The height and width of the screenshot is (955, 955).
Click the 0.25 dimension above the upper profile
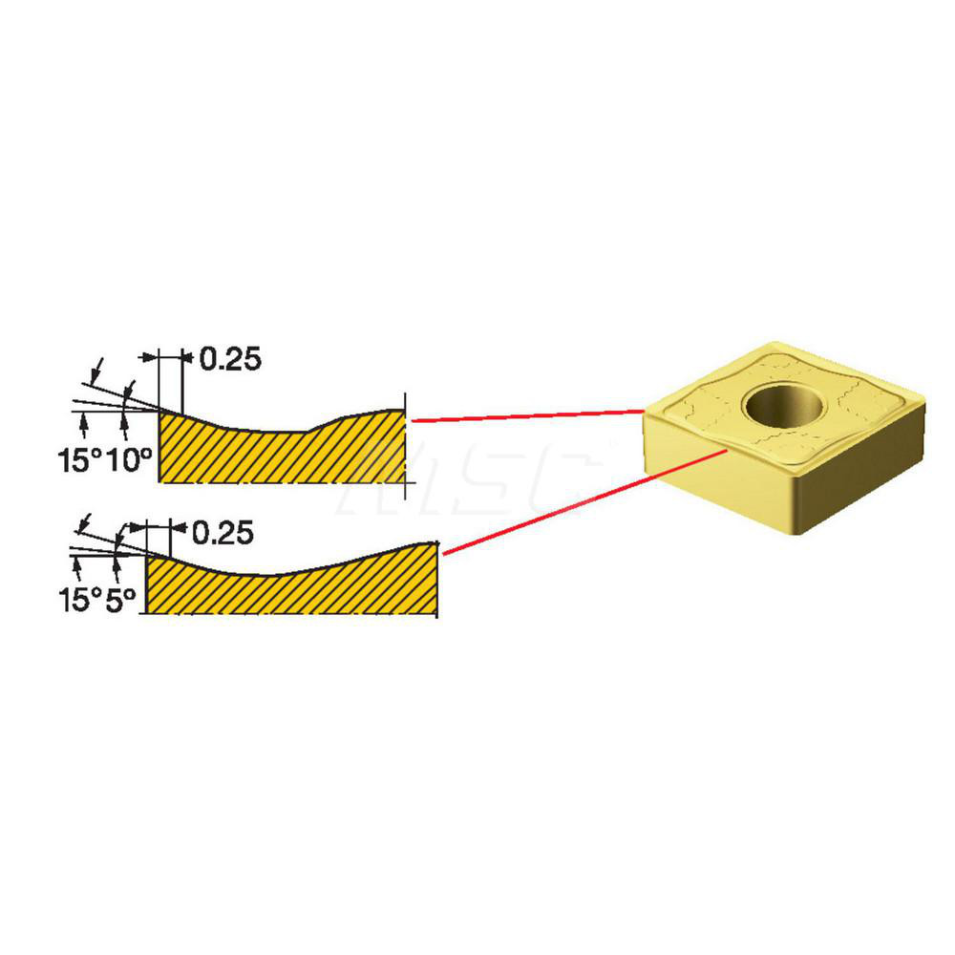click(231, 359)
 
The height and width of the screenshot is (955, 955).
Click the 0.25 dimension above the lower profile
click(223, 533)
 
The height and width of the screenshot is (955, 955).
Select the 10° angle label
click(129, 459)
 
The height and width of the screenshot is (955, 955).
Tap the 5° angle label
click(120, 600)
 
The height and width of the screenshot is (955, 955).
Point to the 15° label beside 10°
click(80, 459)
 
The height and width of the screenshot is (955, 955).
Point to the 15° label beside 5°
click(80, 600)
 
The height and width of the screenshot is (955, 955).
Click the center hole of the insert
click(783, 406)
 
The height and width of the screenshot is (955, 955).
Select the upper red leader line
click(527, 416)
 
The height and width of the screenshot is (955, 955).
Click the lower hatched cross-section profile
click(291, 580)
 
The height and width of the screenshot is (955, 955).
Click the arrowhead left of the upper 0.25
click(148, 357)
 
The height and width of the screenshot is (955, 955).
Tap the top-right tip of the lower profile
click(436, 542)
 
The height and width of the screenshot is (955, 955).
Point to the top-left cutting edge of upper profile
click(159, 411)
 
